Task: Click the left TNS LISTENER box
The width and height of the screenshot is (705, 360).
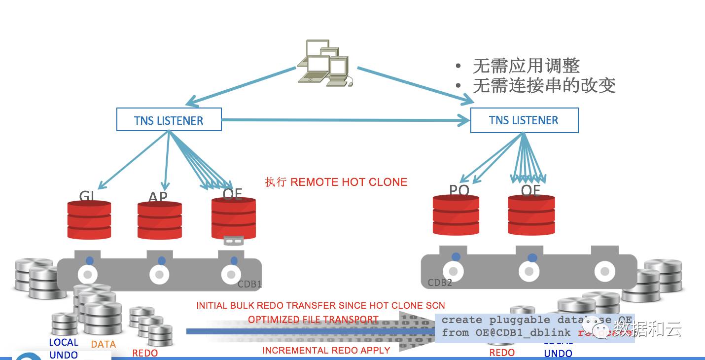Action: (169, 120)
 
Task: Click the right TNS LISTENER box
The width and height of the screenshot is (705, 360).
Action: (524, 120)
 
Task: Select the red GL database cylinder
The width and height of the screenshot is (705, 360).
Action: (89, 220)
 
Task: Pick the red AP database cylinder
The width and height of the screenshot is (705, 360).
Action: (159, 220)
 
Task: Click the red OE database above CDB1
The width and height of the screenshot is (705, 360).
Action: (233, 218)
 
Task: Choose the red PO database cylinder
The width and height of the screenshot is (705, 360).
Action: (456, 216)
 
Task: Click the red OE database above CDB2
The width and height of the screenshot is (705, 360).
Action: (531, 216)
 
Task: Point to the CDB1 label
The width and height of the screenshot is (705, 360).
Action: (249, 285)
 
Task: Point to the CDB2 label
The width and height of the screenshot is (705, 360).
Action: (440, 283)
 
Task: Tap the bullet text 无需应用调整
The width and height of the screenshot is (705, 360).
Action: (526, 66)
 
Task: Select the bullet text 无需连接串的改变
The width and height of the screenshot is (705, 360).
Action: (544, 86)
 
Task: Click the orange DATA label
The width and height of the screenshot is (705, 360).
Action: (104, 344)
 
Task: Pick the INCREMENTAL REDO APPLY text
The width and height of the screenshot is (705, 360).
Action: (326, 351)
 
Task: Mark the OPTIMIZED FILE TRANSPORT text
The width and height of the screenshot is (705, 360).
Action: (313, 320)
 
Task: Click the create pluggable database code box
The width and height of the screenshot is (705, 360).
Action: (535, 326)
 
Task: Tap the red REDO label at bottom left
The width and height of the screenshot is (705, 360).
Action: (145, 353)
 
